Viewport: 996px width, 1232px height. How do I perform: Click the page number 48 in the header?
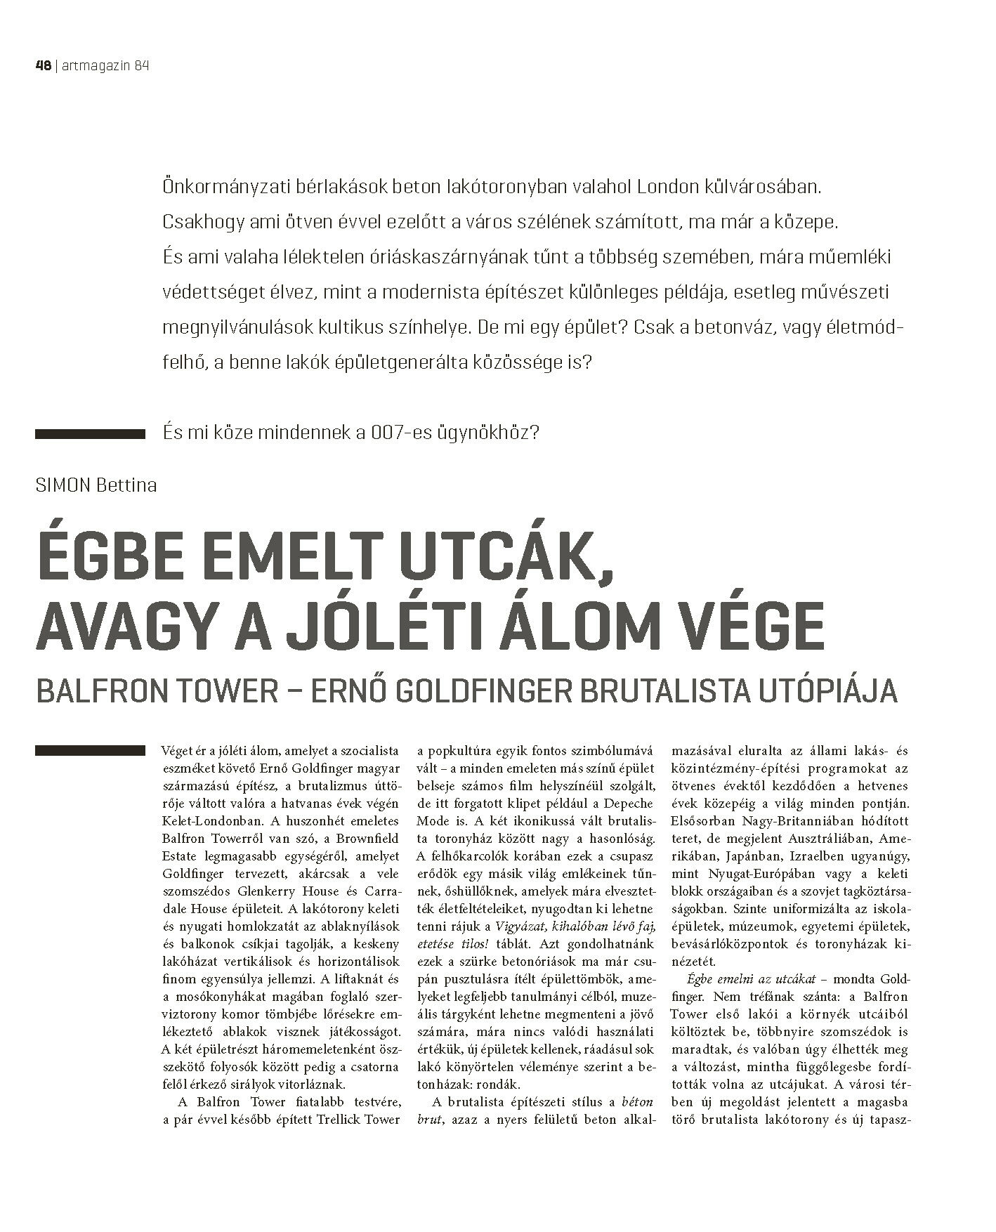click(x=43, y=66)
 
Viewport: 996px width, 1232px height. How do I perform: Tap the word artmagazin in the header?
click(x=93, y=66)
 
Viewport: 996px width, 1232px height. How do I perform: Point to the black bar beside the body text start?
click(x=89, y=750)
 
